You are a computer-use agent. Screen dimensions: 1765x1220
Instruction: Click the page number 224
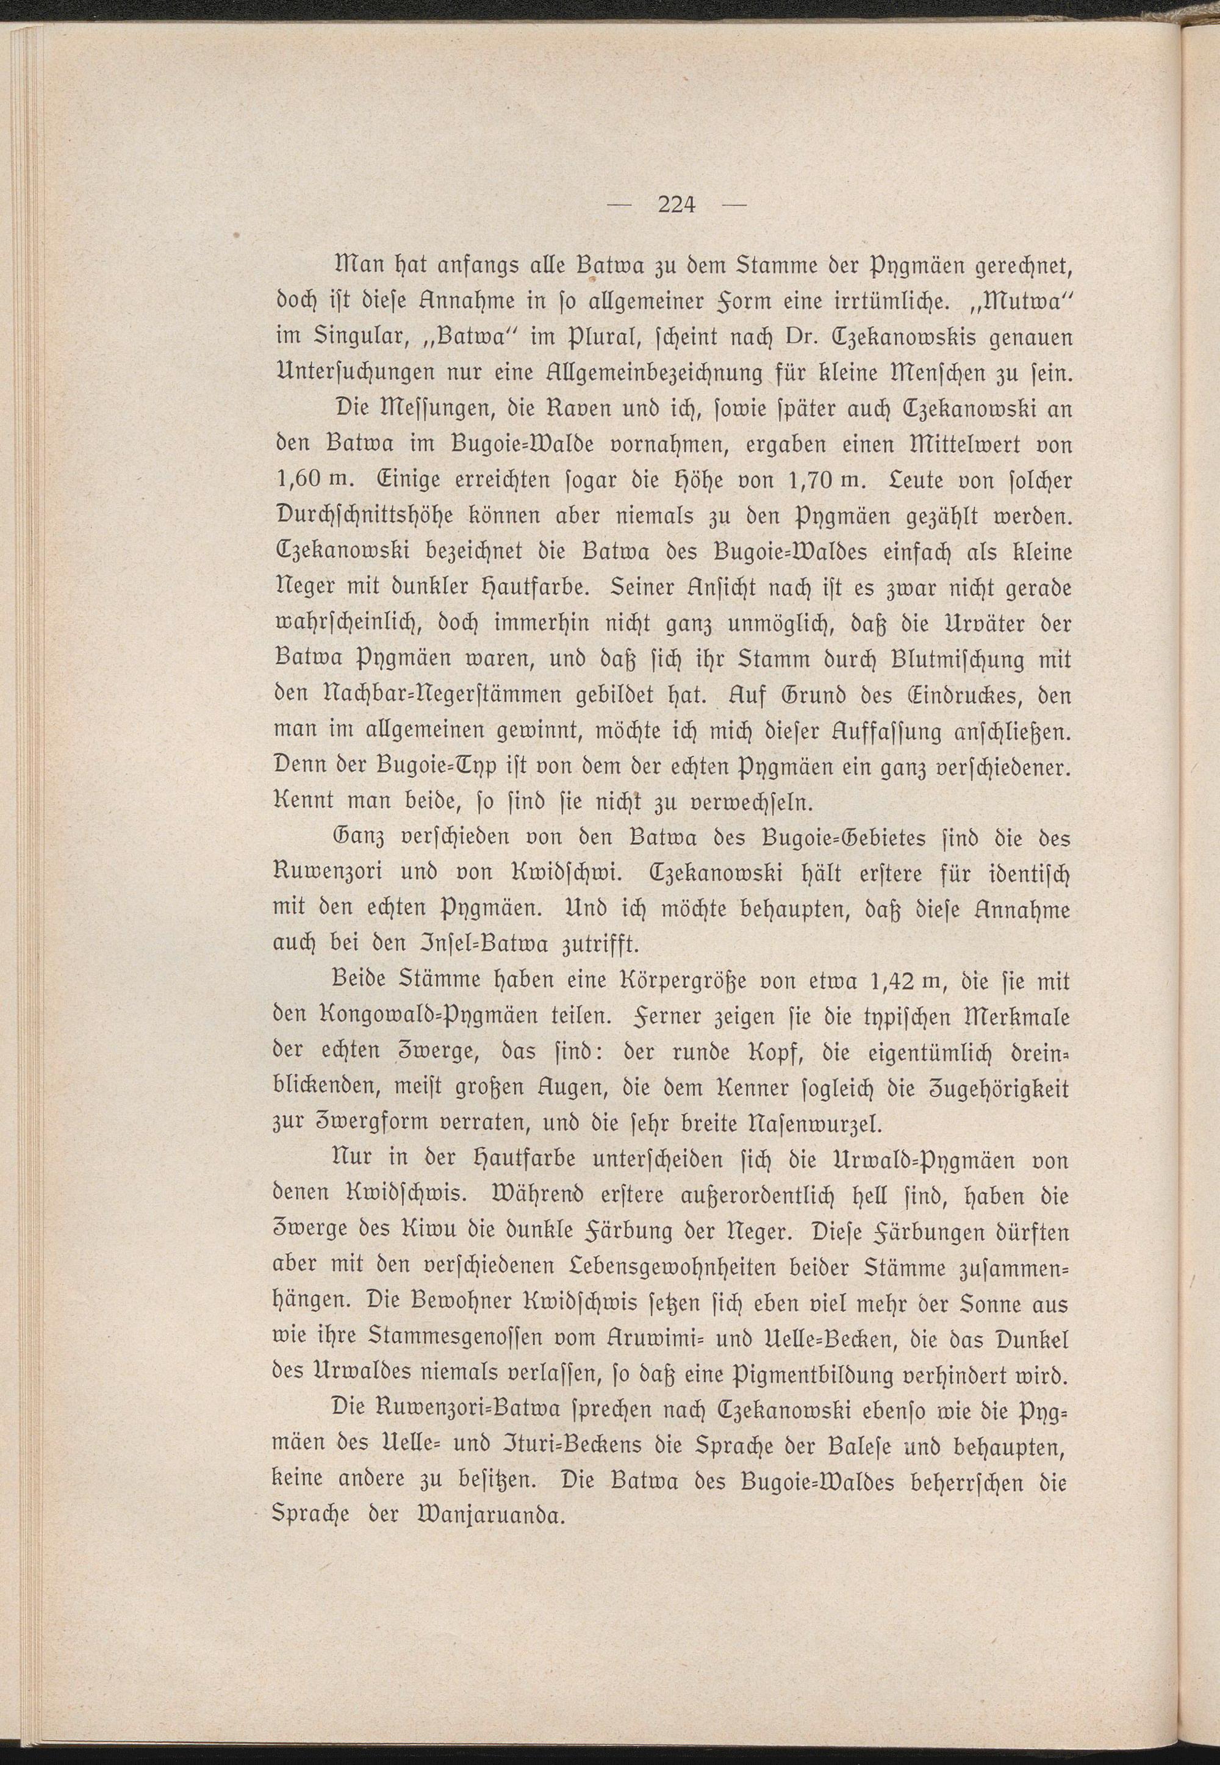click(675, 204)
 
